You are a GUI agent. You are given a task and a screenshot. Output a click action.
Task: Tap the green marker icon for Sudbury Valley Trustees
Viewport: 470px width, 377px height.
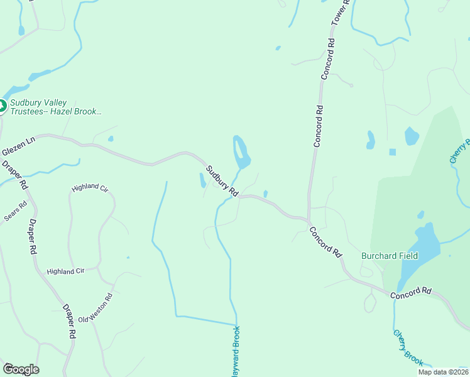point(2,106)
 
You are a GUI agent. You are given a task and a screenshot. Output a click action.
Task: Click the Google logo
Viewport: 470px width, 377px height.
point(21,369)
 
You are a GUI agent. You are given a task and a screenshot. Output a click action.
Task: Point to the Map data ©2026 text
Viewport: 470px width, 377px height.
point(443,372)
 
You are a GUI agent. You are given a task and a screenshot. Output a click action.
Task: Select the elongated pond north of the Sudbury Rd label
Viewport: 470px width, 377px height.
point(241,152)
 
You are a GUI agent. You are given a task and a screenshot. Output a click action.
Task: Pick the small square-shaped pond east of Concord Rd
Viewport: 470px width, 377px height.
point(393,152)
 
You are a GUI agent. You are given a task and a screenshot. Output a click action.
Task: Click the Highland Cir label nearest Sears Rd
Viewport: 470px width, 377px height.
point(90,188)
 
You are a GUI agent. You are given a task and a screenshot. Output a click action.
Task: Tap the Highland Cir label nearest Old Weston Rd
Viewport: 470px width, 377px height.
point(65,271)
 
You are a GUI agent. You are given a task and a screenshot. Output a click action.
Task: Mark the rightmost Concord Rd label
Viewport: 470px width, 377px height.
point(411,292)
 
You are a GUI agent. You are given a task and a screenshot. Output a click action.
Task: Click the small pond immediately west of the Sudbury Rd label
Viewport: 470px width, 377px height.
point(202,181)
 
